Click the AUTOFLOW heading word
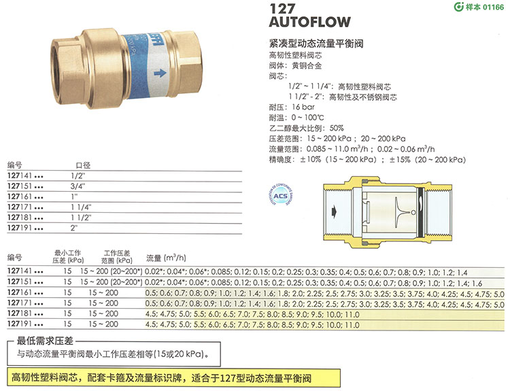click(310, 22)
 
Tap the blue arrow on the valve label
click(160, 73)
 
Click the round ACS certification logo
click(280, 196)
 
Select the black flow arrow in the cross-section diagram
click(334, 211)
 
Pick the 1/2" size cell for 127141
click(78, 176)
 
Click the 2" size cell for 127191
click(74, 228)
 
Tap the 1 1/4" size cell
click(81, 207)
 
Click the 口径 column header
click(83, 165)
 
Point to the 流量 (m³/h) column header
click(166, 258)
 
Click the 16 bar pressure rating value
click(303, 107)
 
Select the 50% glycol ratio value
click(337, 128)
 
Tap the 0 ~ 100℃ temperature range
click(307, 118)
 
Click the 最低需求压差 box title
click(45, 341)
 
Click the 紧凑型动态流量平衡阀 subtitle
click(316, 44)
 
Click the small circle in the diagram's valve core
click(413, 213)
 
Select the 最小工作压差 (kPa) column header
click(68, 256)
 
